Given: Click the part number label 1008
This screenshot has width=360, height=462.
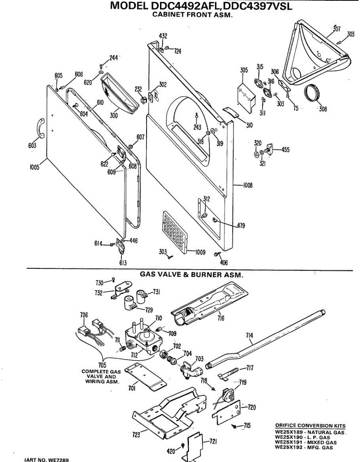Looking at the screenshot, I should [x=248, y=186].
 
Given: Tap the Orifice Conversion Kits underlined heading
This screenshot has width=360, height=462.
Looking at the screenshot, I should [x=310, y=426].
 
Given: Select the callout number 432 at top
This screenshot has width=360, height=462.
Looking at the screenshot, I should [x=163, y=36].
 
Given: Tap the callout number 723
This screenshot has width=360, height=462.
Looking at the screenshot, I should [x=136, y=435].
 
